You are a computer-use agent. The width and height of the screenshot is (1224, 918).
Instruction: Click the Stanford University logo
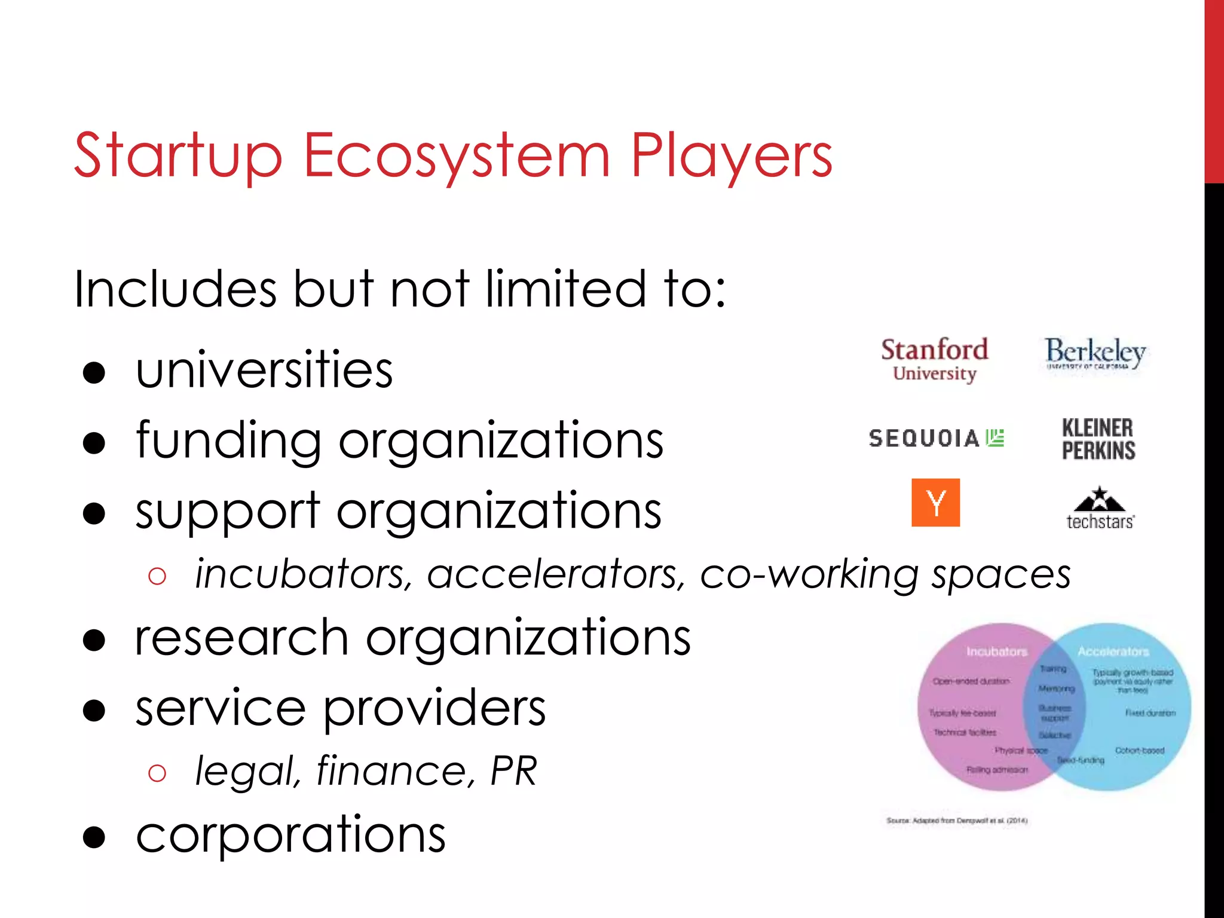934,359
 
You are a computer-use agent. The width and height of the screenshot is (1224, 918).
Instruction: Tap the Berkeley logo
1095,353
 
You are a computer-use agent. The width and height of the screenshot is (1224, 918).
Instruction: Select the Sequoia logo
936,438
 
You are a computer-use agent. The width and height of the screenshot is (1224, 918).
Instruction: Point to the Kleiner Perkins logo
1098,439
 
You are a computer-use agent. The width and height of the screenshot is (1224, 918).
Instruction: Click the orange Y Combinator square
935,503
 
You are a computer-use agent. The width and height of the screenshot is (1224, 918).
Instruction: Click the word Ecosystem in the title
457,157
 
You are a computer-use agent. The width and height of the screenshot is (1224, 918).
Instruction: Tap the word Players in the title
732,157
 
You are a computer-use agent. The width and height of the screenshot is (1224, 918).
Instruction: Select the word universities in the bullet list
264,370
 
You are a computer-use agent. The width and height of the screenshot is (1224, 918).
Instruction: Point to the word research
242,638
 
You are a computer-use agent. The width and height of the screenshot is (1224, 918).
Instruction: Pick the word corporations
290,836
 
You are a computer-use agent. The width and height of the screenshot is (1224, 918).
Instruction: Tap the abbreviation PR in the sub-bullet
513,771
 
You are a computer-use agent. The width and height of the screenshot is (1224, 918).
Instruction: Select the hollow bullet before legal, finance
157,773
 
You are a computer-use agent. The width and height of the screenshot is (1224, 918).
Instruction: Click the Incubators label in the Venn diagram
996,651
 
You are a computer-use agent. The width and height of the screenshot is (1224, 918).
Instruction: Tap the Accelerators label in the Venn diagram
1113,651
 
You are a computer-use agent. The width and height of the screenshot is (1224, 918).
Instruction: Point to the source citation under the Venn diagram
956,821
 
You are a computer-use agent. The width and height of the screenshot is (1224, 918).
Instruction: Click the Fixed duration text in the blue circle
1150,713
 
